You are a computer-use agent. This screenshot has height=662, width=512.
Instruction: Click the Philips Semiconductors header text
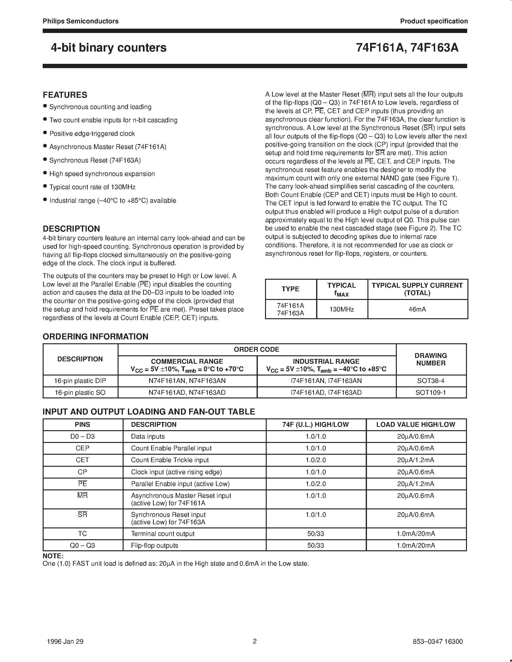click(x=80, y=21)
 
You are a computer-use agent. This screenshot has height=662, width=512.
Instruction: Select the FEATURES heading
click(x=65, y=95)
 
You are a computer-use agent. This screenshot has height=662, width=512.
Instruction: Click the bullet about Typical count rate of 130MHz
click(x=92, y=187)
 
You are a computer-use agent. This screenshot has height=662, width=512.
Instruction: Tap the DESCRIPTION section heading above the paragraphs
click(x=71, y=228)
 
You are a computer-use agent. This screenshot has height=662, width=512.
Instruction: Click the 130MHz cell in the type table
click(x=342, y=309)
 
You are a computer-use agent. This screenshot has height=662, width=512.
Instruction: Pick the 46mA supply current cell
click(x=417, y=309)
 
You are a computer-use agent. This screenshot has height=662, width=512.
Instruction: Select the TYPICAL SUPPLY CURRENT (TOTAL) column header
click(x=417, y=289)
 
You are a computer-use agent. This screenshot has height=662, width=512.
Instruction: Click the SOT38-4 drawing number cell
click(x=431, y=381)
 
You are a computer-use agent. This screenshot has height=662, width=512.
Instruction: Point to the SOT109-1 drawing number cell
click(x=431, y=393)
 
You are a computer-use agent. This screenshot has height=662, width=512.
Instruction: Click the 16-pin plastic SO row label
click(x=80, y=393)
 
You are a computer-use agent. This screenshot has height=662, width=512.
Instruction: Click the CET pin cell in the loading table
click(x=82, y=460)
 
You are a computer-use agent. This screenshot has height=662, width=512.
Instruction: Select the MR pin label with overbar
click(x=82, y=496)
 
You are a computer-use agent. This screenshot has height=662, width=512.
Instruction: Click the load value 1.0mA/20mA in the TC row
click(x=416, y=534)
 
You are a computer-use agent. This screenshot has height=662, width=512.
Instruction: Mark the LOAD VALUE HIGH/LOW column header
click(x=416, y=424)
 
